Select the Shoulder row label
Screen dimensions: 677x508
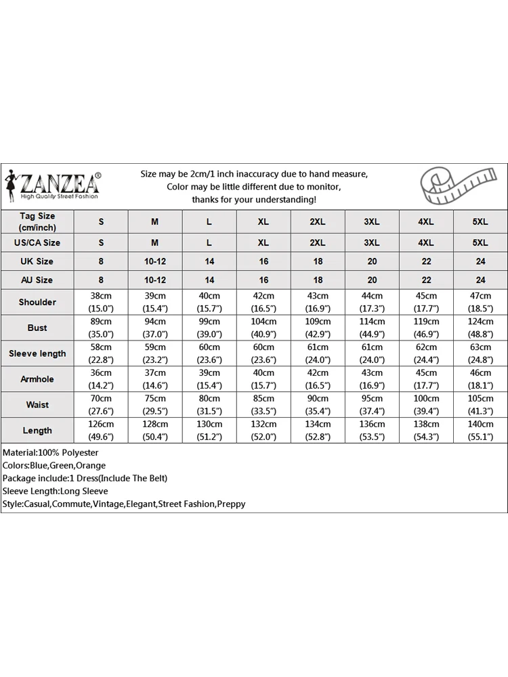click(x=37, y=302)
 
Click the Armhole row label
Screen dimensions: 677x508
click(x=37, y=379)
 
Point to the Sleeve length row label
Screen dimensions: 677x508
click(x=37, y=353)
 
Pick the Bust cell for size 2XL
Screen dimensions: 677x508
click(x=318, y=328)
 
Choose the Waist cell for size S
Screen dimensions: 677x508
click(x=101, y=405)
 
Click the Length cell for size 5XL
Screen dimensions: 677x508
click(x=480, y=431)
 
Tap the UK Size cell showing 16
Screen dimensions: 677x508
click(x=263, y=261)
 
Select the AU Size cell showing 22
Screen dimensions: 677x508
click(x=426, y=280)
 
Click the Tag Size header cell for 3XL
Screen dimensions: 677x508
click(x=372, y=222)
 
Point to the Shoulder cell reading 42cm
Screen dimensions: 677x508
click(x=263, y=302)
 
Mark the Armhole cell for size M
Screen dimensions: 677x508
click(x=155, y=379)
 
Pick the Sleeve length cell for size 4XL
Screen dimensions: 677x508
click(x=426, y=353)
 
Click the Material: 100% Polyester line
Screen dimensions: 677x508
click(x=51, y=452)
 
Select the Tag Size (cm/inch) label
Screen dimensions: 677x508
click(x=37, y=222)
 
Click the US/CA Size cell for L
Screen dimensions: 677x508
click(x=209, y=242)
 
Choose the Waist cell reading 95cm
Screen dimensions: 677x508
click(x=372, y=405)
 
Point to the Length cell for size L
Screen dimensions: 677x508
click(x=209, y=431)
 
